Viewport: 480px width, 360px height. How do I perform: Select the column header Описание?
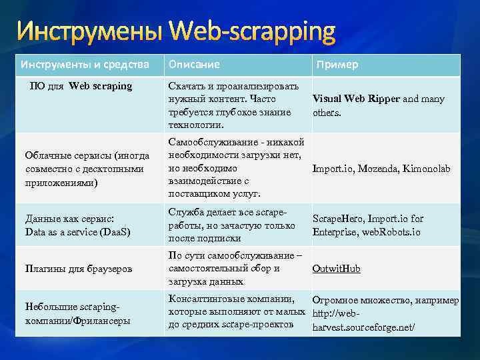point(194,65)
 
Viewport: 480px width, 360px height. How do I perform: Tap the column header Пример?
point(337,65)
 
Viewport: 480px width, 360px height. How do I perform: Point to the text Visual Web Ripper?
point(356,99)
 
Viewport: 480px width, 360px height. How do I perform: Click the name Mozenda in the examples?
point(380,169)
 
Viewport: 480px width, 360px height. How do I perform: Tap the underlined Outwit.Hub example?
point(336,269)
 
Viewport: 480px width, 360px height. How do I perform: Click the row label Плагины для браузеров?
point(78,269)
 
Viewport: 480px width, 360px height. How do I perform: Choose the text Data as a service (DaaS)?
point(77,231)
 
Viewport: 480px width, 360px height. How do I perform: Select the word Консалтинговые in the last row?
point(203,299)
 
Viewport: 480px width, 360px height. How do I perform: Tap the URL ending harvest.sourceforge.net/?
point(363,327)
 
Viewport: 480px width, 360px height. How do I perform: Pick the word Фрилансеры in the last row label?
point(103,320)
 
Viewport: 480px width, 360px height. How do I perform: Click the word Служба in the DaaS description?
point(185,212)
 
